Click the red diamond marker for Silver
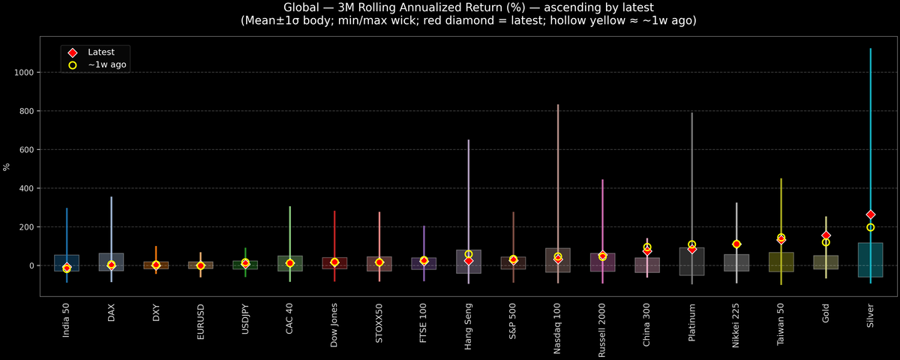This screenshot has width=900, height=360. (870, 214)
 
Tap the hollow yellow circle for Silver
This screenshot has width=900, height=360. (870, 227)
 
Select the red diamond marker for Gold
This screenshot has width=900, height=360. (826, 235)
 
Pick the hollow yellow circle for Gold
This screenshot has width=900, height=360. (826, 242)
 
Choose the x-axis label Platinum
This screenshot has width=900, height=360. (691, 325)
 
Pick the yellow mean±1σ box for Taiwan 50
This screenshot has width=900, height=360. (781, 262)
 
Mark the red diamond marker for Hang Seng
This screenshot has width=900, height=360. (468, 260)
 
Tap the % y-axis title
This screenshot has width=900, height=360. (7, 167)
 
